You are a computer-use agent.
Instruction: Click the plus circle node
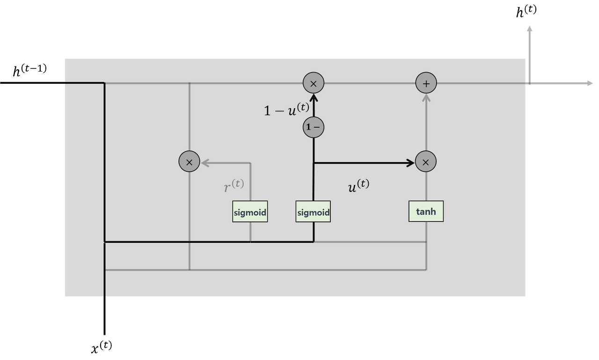[x=426, y=83]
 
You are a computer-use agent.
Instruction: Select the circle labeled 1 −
[x=314, y=127]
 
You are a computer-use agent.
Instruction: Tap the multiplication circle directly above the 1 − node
[x=314, y=83]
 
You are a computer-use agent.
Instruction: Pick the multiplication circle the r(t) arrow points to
[x=190, y=162]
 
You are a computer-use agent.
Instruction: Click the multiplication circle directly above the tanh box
[x=426, y=162]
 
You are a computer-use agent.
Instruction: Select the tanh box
[x=426, y=212]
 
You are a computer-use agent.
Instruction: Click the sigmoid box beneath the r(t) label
[x=250, y=212]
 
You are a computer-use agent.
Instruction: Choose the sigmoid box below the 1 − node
[x=313, y=212]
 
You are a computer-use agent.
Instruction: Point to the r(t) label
[x=234, y=185]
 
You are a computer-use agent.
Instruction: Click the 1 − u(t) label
[x=286, y=109]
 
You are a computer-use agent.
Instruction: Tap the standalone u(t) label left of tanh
[x=358, y=185]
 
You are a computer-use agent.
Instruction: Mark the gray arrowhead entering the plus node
[x=426, y=97]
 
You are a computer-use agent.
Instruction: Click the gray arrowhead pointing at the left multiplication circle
[x=205, y=163]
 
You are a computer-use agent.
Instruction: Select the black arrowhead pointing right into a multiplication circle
[x=411, y=163]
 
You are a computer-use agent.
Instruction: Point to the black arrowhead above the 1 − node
[x=314, y=98]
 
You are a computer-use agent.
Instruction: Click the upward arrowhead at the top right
[x=529, y=29]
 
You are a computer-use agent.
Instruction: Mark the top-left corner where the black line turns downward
[x=104, y=83]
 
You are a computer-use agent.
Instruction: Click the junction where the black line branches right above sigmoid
[x=314, y=163]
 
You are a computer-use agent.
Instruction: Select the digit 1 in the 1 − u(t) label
[x=267, y=111]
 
